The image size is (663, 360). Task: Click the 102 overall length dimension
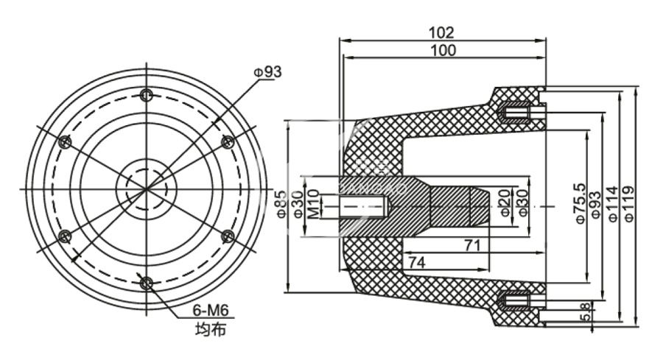coord(441,32)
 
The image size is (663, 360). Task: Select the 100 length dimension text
coord(441,50)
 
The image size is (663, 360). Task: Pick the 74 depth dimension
coord(416,261)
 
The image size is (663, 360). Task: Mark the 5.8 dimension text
coord(584,312)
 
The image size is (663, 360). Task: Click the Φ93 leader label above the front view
coord(268,72)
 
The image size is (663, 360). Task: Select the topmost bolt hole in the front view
coord(147,94)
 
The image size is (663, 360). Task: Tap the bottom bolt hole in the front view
coord(147,283)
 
